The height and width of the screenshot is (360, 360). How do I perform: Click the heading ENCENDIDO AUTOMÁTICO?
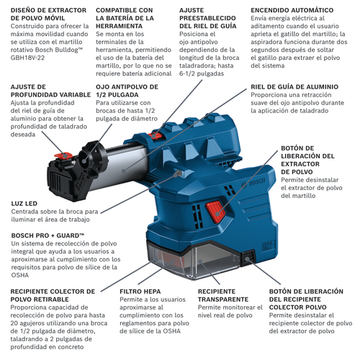[292, 10]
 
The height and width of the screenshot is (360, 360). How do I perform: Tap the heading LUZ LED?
[24, 204]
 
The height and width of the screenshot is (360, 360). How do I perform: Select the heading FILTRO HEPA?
[140, 292]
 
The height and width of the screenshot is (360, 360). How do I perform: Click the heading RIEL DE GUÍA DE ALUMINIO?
[294, 87]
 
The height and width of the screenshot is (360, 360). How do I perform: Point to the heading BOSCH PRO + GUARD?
[48, 235]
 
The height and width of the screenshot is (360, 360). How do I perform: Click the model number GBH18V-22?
[27, 58]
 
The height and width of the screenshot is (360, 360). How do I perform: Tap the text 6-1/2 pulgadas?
[202, 73]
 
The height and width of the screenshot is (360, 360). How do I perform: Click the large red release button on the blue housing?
[215, 212]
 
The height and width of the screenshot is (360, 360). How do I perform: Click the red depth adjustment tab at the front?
[63, 156]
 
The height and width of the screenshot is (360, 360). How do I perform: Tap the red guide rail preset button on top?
[155, 136]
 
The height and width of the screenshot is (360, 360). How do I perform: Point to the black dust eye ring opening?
[84, 158]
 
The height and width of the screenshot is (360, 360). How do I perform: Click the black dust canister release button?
[248, 258]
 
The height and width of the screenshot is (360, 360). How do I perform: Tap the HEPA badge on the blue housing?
[268, 246]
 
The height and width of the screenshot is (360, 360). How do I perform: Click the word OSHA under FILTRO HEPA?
[171, 331]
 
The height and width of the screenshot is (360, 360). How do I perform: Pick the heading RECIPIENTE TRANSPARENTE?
[223, 295]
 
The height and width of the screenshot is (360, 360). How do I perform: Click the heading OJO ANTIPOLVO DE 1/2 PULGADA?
[127, 91]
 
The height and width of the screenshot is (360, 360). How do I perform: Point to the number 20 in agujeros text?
[14, 323]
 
